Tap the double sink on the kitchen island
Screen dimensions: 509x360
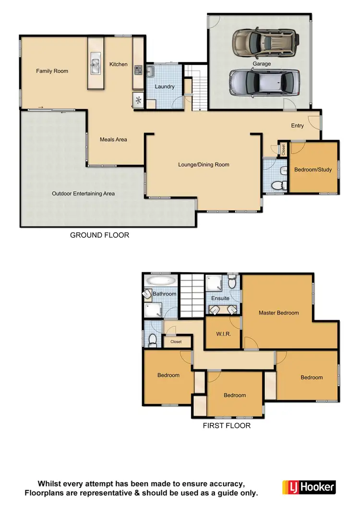point(95,64)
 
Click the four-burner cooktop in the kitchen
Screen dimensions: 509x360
point(138,70)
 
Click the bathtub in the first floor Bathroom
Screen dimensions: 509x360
point(161,280)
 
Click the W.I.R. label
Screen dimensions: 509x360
point(222,333)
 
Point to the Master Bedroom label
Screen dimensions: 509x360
point(278,313)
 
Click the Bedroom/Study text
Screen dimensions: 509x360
point(312,170)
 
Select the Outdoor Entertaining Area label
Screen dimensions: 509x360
point(83,194)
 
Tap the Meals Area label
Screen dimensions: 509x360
point(113,139)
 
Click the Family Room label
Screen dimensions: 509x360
point(52,71)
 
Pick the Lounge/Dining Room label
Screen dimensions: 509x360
point(204,164)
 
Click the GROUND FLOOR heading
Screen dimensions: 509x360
point(99,235)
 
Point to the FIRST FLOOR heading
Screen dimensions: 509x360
point(227,425)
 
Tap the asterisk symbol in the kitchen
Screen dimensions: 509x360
point(138,100)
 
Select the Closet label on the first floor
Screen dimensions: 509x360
point(176,342)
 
